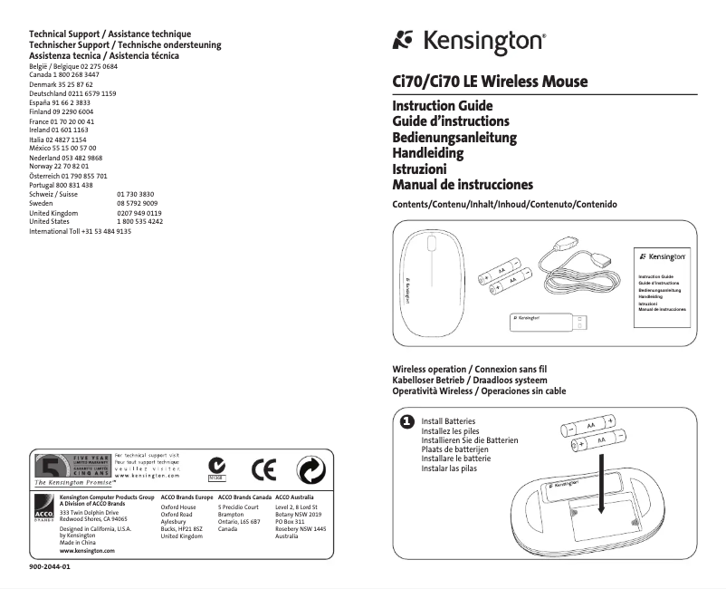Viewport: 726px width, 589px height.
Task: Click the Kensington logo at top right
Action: [468, 42]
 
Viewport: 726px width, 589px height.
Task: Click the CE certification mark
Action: [263, 468]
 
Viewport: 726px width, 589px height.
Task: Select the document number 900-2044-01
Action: [50, 567]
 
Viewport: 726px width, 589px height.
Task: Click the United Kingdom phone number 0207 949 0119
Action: [139, 213]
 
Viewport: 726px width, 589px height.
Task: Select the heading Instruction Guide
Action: [442, 106]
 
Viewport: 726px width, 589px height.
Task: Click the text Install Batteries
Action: [448, 422]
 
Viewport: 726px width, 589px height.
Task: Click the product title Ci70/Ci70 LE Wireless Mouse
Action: [489, 82]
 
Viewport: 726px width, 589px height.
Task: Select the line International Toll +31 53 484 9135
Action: [81, 231]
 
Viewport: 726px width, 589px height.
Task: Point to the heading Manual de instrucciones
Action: [462, 185]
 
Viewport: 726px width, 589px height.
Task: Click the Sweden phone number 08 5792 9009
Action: [138, 204]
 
